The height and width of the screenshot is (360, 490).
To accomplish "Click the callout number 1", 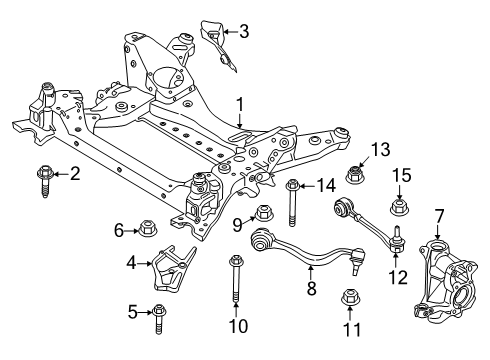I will click(239, 103).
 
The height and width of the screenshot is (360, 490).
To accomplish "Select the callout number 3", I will click(243, 31).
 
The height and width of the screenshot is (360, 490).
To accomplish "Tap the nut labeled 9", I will click(265, 213).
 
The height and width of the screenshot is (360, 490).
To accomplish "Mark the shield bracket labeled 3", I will click(214, 38).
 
